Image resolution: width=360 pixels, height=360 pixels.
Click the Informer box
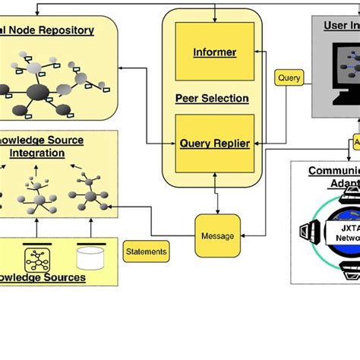click(214, 52)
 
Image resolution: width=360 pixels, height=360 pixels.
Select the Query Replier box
click(214, 143)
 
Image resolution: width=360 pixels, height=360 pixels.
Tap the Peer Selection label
click(212, 98)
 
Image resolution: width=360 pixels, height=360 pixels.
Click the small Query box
click(289, 77)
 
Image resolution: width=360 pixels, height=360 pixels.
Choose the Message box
click(217, 235)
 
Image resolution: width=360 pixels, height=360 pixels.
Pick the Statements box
click(146, 251)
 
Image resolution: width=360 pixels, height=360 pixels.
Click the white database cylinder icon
click(90, 258)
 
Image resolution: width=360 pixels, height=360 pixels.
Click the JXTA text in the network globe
click(348, 226)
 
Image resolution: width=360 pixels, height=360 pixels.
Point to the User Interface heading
click(341, 25)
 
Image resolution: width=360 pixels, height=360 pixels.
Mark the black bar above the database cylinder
click(90, 244)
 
